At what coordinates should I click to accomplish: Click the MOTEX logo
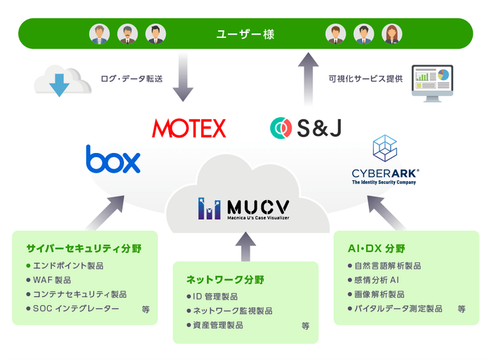click(189, 128)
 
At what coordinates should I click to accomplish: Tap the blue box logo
click(113, 159)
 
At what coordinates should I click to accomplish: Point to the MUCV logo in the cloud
click(243, 208)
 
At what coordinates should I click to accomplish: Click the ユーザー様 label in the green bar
click(245, 32)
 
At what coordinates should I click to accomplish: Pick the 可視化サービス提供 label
click(365, 79)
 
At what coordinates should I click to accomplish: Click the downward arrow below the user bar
click(183, 79)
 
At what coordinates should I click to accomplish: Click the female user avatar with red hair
click(391, 34)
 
